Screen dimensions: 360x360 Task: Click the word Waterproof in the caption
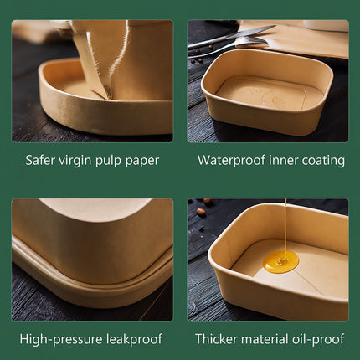point(232,161)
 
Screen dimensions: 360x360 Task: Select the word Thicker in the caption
point(216,339)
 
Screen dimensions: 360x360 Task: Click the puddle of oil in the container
point(281,261)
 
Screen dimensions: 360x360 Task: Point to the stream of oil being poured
point(285,225)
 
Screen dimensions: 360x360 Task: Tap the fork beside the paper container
point(228,47)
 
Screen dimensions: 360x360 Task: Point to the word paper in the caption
point(142,162)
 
